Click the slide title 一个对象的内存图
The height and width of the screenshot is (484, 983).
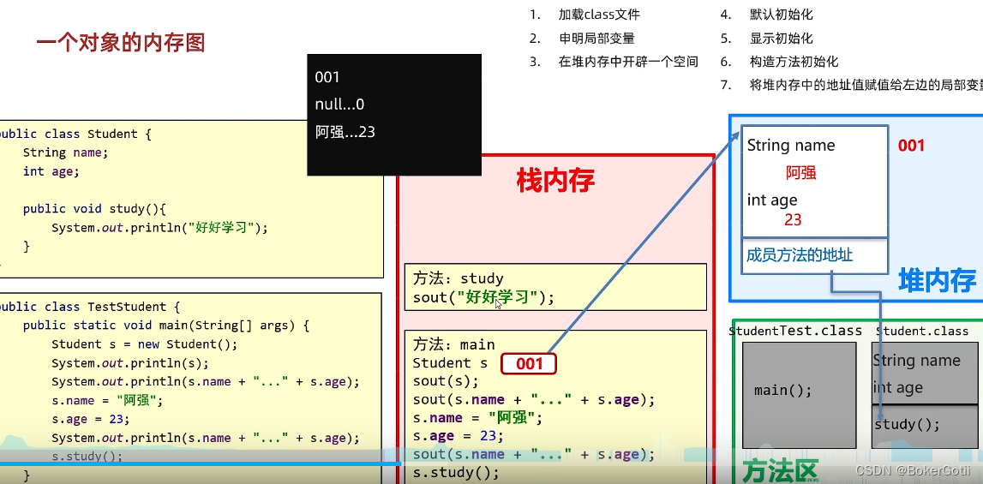[x=121, y=43]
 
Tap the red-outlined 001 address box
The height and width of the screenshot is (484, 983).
[x=529, y=364]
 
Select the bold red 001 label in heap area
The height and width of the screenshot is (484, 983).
[x=911, y=146]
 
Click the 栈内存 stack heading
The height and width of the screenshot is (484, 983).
[x=555, y=181]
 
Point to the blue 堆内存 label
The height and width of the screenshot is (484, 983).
[x=937, y=280]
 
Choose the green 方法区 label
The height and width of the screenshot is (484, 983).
[x=780, y=470]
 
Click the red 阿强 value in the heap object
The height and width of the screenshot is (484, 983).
[x=800, y=173]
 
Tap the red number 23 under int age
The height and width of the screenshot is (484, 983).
[x=793, y=220]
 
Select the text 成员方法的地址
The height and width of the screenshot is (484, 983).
[x=800, y=255]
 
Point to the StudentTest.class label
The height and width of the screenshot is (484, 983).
[x=795, y=331]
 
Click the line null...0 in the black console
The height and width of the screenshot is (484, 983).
[x=339, y=105]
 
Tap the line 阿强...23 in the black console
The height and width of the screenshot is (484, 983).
[x=345, y=132]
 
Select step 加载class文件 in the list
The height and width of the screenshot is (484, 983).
[x=599, y=15]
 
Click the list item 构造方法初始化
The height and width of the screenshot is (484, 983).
[x=794, y=62]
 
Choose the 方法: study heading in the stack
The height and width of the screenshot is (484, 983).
[x=459, y=278]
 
